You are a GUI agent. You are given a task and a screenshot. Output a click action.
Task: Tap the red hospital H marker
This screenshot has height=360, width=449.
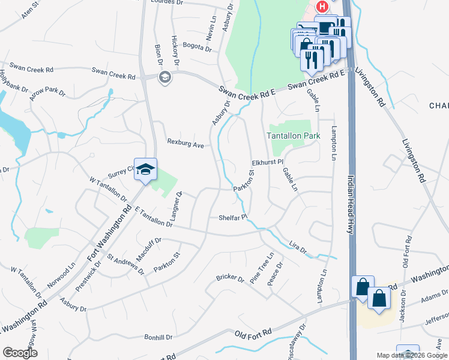[322, 7]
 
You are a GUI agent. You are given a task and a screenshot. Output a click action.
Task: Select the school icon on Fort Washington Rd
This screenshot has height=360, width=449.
[145, 170]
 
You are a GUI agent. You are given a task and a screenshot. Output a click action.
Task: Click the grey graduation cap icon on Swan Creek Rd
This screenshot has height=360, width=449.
[164, 77]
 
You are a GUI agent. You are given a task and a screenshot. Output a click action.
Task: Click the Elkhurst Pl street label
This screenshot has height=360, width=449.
[267, 163]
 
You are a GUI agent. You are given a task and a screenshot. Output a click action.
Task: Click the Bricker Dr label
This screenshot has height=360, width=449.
[231, 279]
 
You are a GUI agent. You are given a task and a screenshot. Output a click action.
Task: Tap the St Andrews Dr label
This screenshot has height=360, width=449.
[125, 264]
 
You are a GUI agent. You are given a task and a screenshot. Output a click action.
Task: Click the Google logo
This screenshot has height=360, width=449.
[20, 353]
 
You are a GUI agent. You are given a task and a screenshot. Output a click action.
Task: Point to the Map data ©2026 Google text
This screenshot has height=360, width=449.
[411, 355]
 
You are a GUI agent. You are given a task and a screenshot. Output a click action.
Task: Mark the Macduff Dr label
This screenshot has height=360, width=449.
[149, 249]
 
